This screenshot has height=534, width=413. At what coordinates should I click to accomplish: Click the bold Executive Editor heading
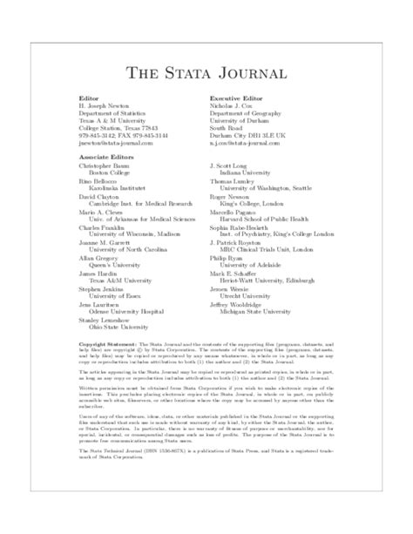pyautogui.click(x=239, y=100)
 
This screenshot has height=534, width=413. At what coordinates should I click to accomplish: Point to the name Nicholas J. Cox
pyautogui.click(x=238, y=106)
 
